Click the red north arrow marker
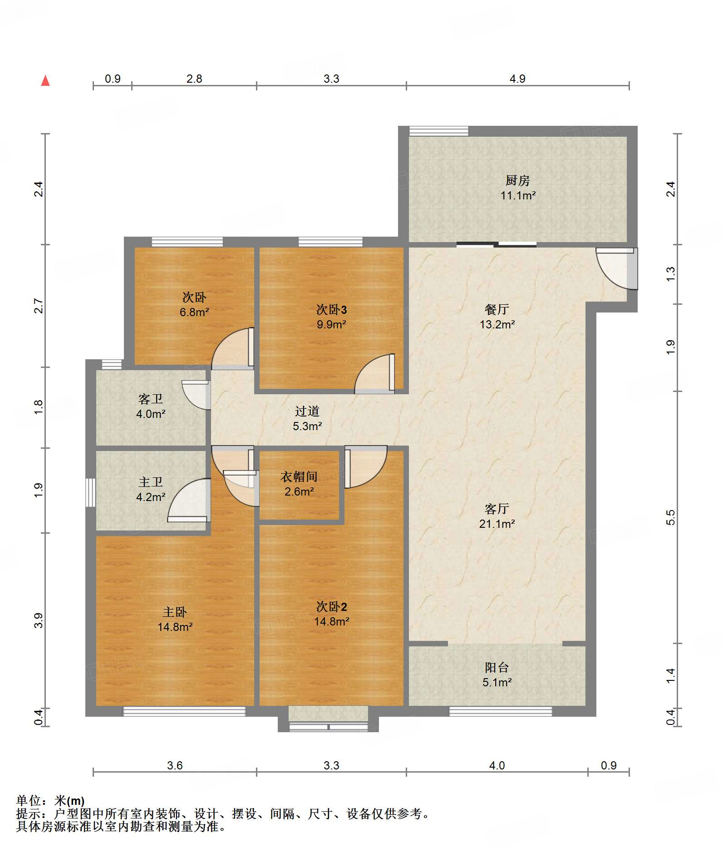click(45, 80)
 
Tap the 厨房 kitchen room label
click(518, 180)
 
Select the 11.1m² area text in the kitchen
click(518, 196)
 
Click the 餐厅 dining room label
click(497, 309)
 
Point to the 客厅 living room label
click(497, 509)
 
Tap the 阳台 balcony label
click(497, 667)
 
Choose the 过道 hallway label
click(307, 411)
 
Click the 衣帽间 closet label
click(299, 476)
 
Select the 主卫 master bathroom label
click(151, 482)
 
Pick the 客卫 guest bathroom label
click(151, 399)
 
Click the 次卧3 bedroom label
click(331, 309)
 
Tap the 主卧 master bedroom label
click(175, 612)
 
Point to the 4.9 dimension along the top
click(517, 79)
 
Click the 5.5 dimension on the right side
click(671, 517)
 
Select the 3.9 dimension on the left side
click(39, 620)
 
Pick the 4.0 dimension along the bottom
click(497, 765)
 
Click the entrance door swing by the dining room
click(616, 268)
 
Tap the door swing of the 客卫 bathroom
click(196, 395)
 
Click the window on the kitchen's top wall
click(438, 131)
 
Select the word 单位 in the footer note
click(29, 800)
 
